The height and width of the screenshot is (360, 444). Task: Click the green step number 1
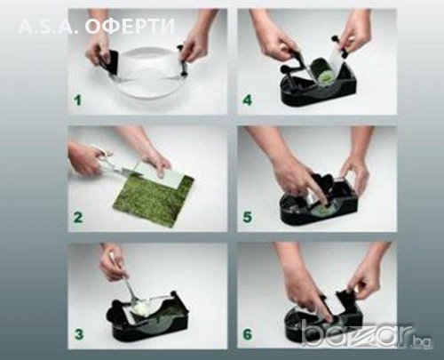click(x=78, y=100)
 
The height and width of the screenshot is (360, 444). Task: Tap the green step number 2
click(x=78, y=217)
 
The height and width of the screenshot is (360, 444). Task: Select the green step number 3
click(x=79, y=334)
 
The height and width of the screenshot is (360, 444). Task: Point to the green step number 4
click(x=247, y=100)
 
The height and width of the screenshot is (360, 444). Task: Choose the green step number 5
click(x=248, y=217)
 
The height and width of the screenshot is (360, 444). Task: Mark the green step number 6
click(x=248, y=334)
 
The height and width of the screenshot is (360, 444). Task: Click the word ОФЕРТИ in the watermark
click(x=130, y=27)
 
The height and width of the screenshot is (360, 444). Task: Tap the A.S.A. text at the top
click(x=48, y=27)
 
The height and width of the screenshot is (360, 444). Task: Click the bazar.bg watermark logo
click(x=366, y=335)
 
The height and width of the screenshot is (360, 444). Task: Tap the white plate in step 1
click(x=148, y=73)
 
